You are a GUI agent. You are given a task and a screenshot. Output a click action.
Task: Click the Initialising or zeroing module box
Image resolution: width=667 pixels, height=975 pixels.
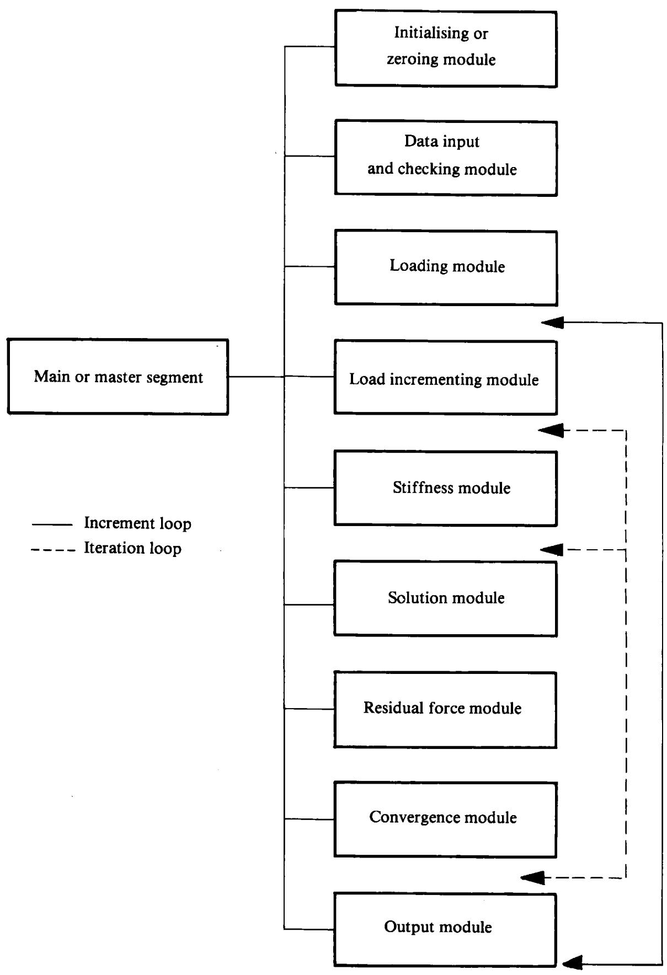tap(446, 49)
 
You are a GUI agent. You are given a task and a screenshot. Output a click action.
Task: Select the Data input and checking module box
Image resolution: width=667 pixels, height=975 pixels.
tap(446, 158)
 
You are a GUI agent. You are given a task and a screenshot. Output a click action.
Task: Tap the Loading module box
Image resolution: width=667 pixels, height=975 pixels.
tap(446, 267)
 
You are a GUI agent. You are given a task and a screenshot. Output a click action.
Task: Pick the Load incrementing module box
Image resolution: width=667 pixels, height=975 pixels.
tap(445, 377)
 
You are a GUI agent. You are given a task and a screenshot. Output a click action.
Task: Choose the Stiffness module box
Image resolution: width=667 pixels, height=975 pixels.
tap(445, 488)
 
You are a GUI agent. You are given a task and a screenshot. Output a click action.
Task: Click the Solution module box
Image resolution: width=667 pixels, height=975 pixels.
tap(445, 598)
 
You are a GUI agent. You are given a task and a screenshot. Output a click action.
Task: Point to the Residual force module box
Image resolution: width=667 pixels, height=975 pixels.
tap(445, 709)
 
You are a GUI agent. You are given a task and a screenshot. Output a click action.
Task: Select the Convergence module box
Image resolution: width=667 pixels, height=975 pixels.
tap(445, 819)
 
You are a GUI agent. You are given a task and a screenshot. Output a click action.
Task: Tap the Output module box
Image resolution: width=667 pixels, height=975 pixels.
tap(445, 930)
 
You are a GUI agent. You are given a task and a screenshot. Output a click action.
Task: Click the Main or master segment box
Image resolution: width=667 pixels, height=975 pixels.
tap(118, 377)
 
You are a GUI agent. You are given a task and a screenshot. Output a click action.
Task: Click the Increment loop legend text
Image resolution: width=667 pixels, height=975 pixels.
tap(137, 523)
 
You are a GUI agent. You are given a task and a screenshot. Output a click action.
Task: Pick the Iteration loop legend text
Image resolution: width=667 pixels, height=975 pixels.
tap(132, 548)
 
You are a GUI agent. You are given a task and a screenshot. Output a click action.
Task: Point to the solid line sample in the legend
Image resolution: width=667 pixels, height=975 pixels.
tap(52, 524)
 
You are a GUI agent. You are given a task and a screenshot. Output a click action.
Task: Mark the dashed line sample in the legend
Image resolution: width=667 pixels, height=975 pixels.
tap(53, 550)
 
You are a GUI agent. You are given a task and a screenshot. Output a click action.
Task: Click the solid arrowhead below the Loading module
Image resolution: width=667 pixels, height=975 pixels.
tap(552, 323)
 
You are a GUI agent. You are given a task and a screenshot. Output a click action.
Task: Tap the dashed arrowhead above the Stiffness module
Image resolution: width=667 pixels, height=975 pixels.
tap(551, 430)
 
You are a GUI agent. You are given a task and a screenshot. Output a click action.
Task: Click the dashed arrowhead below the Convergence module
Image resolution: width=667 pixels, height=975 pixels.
tap(532, 877)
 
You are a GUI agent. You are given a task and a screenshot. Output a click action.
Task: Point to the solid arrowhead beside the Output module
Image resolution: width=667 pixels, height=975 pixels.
tap(573, 963)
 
